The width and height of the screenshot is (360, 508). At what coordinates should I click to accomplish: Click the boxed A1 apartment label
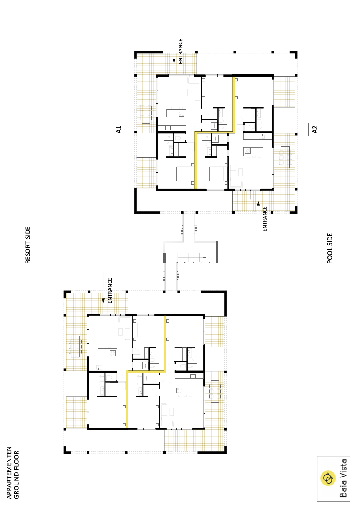[x=119, y=129]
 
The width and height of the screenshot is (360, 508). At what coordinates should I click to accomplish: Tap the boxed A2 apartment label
[x=315, y=129]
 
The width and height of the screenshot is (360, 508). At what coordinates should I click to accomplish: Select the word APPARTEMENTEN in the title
[x=9, y=473]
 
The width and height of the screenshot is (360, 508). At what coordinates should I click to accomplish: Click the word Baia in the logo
[x=343, y=491]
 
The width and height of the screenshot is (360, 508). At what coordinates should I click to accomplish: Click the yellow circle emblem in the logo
[x=328, y=478]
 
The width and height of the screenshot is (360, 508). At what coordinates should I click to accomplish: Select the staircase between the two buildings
[x=192, y=257]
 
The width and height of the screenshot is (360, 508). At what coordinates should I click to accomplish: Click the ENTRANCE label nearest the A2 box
[x=265, y=219]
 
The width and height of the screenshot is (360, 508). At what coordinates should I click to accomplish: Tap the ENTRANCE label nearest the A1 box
[x=180, y=51]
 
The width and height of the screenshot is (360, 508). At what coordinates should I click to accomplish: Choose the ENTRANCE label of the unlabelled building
[x=110, y=291]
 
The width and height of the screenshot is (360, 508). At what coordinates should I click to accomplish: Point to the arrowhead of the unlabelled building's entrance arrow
[x=103, y=301]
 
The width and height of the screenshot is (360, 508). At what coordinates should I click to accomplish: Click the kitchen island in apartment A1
[x=176, y=113]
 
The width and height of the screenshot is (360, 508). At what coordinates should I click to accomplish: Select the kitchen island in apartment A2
[x=253, y=151]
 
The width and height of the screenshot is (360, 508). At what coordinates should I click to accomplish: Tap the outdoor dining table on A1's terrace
[x=146, y=112]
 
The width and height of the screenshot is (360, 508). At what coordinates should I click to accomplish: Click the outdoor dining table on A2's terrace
[x=286, y=157]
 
